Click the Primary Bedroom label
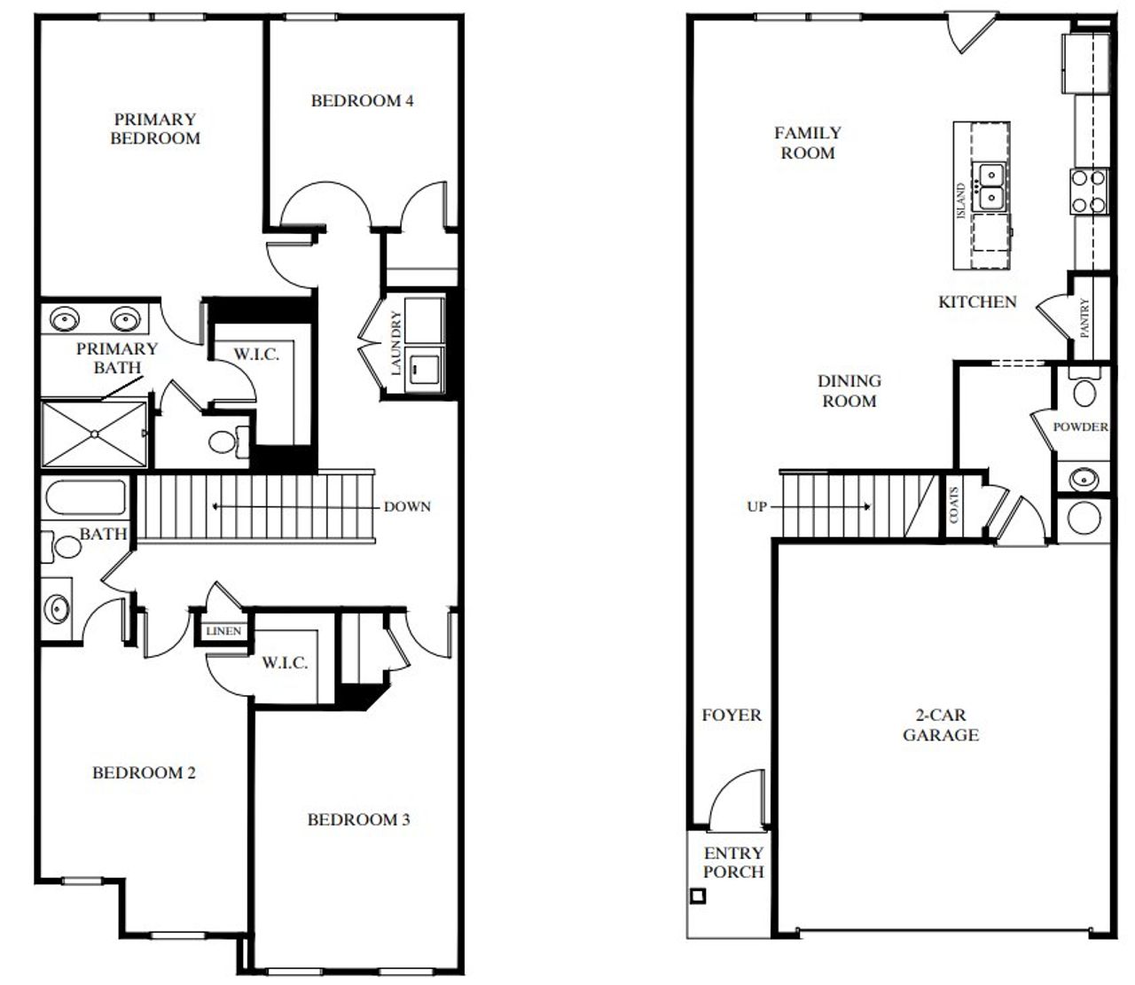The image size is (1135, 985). point(155,129)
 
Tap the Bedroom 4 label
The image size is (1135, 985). point(362,101)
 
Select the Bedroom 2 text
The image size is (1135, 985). point(144,773)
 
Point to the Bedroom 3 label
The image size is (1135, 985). point(358,820)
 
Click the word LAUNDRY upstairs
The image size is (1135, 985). point(396,342)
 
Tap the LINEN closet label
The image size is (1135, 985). point(223,631)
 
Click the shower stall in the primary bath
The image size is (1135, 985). point(94,434)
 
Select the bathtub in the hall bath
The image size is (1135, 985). point(86,498)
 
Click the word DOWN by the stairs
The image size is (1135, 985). point(407,507)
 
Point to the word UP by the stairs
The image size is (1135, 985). point(756,507)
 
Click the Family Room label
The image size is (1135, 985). point(807,143)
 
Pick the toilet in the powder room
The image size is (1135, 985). point(1084,390)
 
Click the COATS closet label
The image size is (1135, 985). point(954,504)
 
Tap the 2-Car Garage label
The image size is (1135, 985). point(941,725)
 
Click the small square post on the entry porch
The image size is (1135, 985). point(698,895)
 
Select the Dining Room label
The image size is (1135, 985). point(849,391)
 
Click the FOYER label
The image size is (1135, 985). point(732,715)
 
